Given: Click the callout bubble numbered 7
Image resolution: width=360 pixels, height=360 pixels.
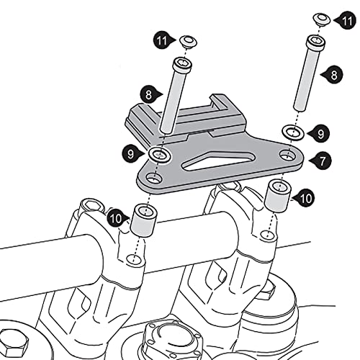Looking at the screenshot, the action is [x=321, y=161].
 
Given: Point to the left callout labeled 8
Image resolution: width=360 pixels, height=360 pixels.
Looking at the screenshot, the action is [x=150, y=95].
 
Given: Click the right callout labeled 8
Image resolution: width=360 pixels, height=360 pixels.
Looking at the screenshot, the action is [x=333, y=75].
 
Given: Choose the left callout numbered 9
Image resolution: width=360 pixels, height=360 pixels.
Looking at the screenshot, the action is [x=132, y=154].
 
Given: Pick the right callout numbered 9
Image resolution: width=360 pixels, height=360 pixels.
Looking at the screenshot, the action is [x=320, y=134].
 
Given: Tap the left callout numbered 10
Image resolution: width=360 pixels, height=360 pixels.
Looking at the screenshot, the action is [x=117, y=217].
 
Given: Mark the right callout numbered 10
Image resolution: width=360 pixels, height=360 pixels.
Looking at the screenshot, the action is [x=304, y=198].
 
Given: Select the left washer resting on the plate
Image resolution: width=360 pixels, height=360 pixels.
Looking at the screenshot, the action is [x=160, y=155].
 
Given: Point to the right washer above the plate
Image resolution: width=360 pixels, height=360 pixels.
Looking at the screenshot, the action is [x=293, y=132].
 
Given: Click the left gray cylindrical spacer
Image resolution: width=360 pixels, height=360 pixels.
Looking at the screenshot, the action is [x=143, y=220].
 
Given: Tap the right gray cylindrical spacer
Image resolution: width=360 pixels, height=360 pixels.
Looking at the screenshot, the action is [x=278, y=197].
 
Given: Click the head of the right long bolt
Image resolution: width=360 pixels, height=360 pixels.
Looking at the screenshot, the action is [x=316, y=42].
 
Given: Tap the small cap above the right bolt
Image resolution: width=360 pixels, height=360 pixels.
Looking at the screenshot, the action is [x=322, y=19].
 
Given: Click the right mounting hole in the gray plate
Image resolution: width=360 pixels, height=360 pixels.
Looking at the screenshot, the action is [x=288, y=156].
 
